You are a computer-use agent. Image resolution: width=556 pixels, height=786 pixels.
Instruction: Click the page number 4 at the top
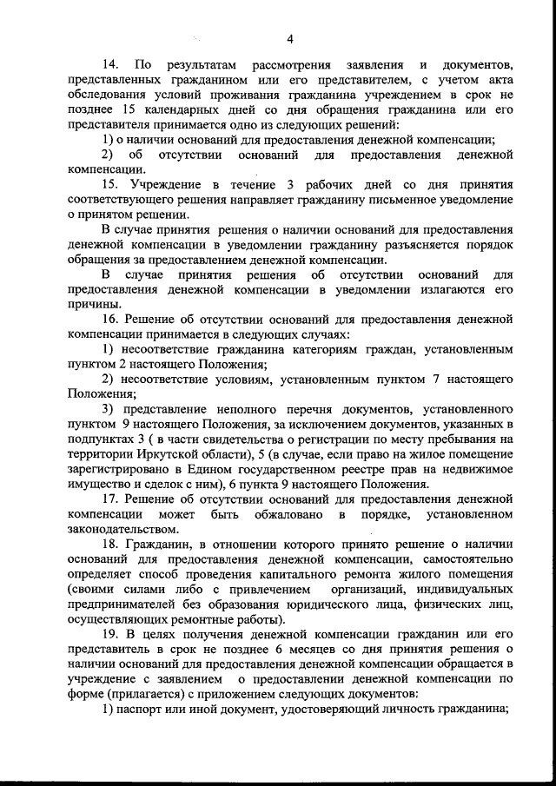point(289,38)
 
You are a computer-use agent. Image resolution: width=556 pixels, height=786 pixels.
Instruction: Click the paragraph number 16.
point(110,320)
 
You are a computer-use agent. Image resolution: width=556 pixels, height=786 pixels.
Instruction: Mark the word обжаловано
point(282,514)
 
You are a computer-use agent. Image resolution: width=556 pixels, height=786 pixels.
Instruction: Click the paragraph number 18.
point(110,544)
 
